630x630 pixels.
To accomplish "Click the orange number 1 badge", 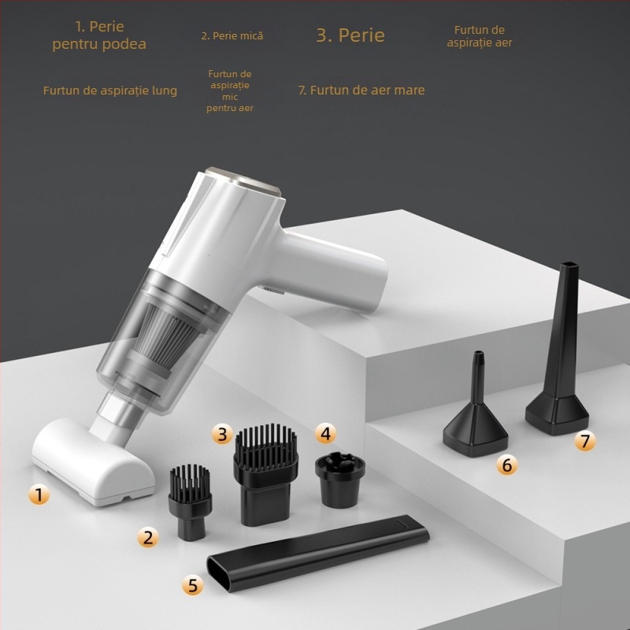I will [x=39, y=495].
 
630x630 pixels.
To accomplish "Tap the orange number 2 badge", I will [x=147, y=538].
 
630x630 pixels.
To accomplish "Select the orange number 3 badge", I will [x=222, y=433].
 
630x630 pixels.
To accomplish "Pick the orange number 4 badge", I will [x=325, y=432].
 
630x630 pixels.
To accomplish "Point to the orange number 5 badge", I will [x=193, y=585].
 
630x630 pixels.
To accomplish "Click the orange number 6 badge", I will [x=506, y=465].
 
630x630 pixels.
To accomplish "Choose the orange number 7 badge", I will [x=584, y=441].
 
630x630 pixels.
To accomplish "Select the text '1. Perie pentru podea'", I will [x=99, y=35].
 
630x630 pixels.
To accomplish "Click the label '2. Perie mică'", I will [x=232, y=35].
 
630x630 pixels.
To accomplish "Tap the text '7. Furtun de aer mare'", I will [x=361, y=90].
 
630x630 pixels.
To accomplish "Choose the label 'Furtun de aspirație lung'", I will [x=110, y=91].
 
